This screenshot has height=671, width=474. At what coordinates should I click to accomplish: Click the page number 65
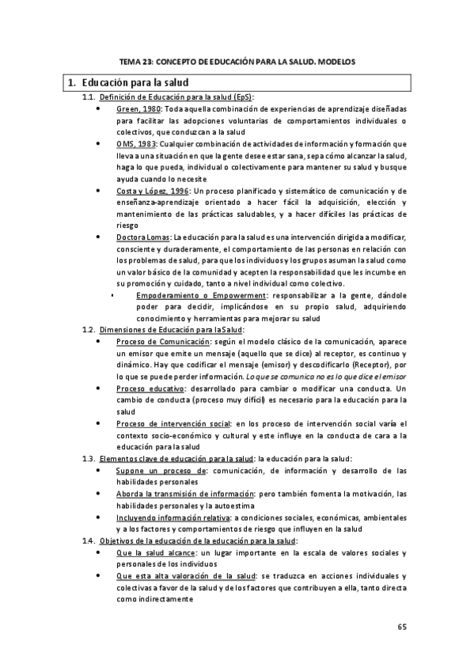(401, 627)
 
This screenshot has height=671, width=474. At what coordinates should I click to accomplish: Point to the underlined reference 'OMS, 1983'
(136, 145)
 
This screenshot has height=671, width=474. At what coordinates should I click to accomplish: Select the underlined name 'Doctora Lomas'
(142, 237)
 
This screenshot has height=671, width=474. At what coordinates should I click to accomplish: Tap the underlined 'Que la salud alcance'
(154, 552)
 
